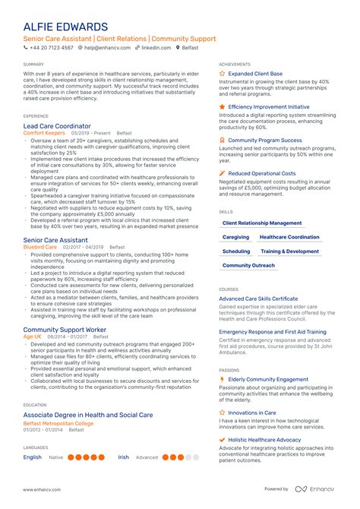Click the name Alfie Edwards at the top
tap(65, 27)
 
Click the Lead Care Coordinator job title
tap(57, 125)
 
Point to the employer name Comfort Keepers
tap(45, 133)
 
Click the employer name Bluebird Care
tap(40, 247)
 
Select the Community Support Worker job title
tap(65, 330)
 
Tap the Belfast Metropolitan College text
tap(58, 423)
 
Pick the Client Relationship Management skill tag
tap(262, 223)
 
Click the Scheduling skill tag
tap(236, 251)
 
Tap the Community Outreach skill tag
tap(248, 266)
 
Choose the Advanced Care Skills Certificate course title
tap(258, 299)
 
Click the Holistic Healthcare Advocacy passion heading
tap(264, 440)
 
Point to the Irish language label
tap(123, 457)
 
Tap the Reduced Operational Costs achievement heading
tap(262, 173)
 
